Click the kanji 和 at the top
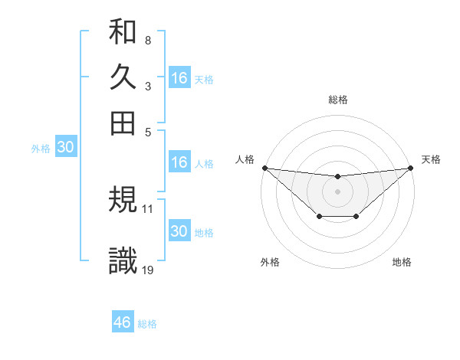[123, 31]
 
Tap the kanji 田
[123, 123]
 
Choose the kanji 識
[123, 260]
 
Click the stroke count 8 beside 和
[147, 40]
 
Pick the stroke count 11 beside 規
[148, 208]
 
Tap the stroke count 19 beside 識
[148, 270]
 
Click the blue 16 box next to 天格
[179, 78]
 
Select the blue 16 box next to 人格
[179, 162]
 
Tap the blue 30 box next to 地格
[179, 231]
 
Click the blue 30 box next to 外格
[65, 148]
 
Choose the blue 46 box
[123, 322]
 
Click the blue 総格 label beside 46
[147, 324]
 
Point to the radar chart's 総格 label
[337, 100]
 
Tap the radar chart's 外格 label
[270, 263]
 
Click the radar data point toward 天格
[411, 168]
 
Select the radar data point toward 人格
[264, 168]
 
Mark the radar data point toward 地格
[356, 218]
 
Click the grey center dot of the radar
[337, 191]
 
